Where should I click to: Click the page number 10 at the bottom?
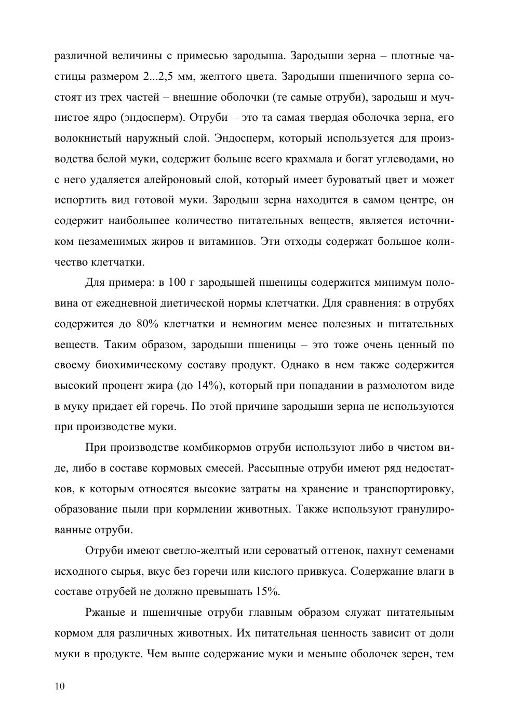pos(60,686)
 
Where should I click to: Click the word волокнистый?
pos(85,139)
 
